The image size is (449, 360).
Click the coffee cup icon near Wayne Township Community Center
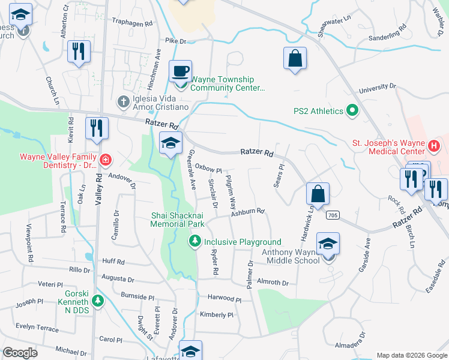point(180,71)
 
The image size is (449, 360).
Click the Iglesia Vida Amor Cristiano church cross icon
point(124,100)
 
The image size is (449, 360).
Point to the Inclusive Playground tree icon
point(195,242)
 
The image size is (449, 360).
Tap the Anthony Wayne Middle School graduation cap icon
point(328,244)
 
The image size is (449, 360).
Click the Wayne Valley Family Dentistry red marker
point(106,159)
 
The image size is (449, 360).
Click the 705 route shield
point(334,214)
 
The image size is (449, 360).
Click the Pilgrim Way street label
point(232,191)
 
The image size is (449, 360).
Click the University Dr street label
point(378,88)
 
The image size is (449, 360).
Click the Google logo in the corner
point(20,353)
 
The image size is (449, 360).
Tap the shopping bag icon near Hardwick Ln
point(318,194)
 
